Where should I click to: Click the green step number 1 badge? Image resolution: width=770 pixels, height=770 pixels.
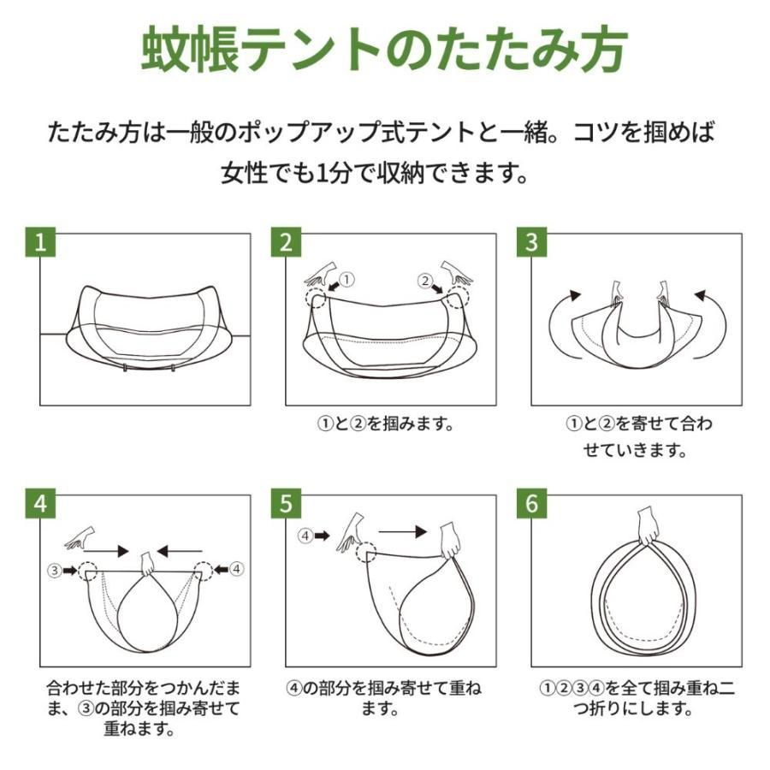point(40,241)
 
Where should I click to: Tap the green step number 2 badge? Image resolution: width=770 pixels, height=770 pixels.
point(286,241)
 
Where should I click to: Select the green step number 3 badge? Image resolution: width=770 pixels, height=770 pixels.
point(531,241)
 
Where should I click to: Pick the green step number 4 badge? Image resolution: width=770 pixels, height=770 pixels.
point(40,503)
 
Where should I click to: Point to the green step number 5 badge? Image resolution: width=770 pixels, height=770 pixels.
point(286,503)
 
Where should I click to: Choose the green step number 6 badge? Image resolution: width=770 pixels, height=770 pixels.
point(531,503)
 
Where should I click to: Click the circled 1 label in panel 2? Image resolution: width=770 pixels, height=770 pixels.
point(346,280)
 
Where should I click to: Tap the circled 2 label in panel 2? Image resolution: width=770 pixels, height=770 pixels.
point(425,281)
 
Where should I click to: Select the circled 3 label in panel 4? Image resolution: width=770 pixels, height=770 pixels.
point(55,570)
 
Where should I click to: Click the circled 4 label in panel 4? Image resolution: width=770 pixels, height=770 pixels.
point(237,569)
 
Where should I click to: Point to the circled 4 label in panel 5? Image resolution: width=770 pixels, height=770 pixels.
point(305,536)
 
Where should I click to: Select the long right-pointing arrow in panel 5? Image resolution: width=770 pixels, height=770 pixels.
point(403,531)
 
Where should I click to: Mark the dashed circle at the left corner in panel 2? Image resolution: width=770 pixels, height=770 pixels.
point(314,298)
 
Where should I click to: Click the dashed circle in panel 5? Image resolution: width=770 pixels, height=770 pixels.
point(366,553)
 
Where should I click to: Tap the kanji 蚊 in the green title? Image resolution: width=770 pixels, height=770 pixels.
point(166,49)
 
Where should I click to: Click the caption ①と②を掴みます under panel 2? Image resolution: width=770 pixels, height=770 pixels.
point(386,423)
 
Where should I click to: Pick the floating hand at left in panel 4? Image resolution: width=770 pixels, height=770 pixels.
point(80,538)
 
